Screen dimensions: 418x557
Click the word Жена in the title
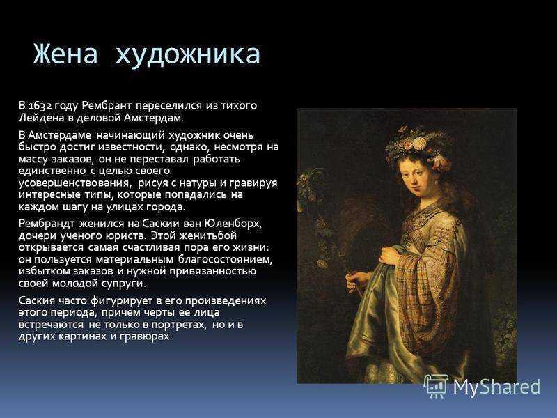pos(65,54)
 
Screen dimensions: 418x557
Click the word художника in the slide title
pos(187,54)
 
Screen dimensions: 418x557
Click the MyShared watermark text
pos(496,387)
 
